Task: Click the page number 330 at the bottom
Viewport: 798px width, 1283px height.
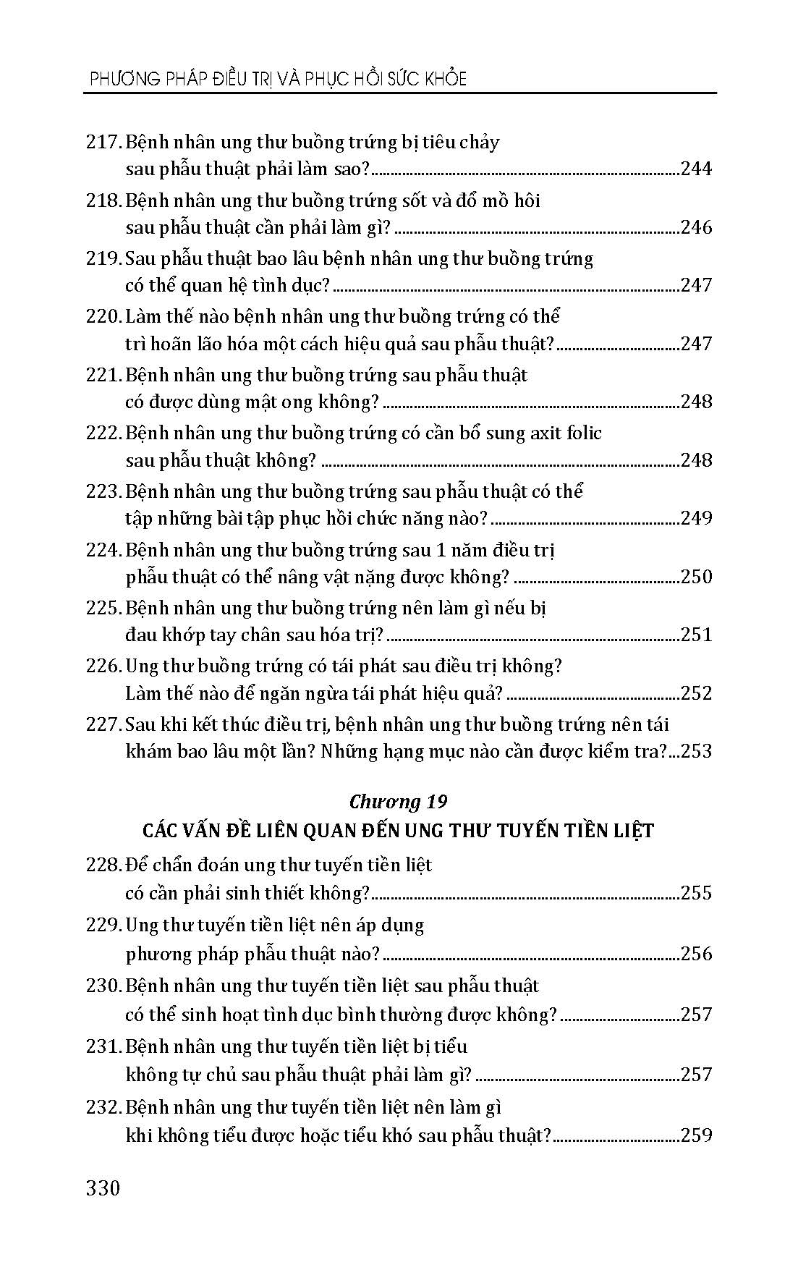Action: (x=103, y=1188)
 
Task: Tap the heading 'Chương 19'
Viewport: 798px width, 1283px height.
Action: (x=397, y=802)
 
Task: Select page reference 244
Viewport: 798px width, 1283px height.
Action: (x=696, y=169)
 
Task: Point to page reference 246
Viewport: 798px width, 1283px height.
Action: (x=696, y=228)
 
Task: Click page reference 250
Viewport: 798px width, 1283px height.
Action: (x=696, y=577)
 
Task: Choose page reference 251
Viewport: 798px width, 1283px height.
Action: (x=696, y=635)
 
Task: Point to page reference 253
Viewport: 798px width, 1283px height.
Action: (x=696, y=751)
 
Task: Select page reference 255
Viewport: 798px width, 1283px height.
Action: (x=696, y=893)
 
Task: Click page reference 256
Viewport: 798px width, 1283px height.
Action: (x=696, y=954)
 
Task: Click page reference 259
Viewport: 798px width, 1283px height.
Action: (x=696, y=1135)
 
